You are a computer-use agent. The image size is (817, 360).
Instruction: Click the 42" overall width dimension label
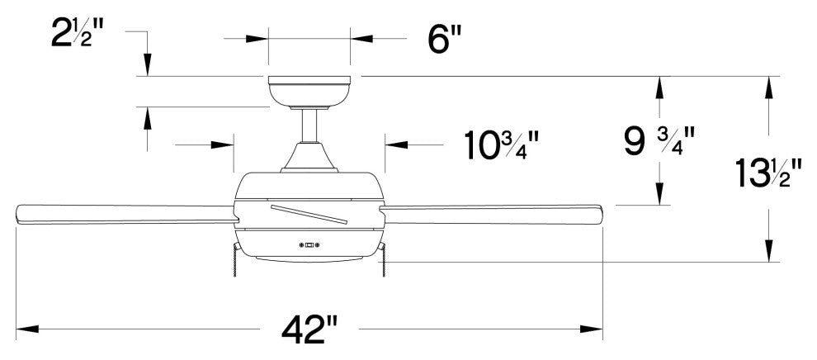(309, 329)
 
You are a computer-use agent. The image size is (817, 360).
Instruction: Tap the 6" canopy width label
(445, 40)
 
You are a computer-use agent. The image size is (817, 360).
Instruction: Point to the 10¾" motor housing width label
(501, 145)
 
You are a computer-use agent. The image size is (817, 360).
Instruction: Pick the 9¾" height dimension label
(660, 142)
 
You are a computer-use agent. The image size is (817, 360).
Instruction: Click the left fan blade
(125, 214)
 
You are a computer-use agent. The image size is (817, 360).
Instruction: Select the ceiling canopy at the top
(309, 92)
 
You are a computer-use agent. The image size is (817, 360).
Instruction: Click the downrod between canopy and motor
(309, 126)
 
